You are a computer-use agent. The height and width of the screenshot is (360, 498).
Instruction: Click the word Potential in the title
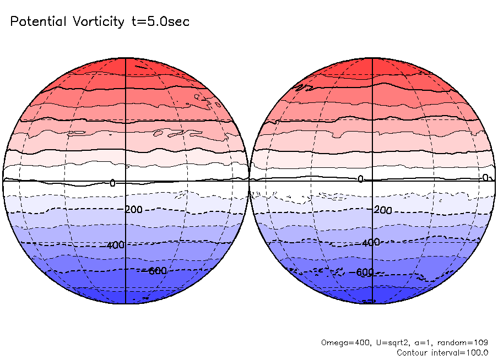tap(38, 22)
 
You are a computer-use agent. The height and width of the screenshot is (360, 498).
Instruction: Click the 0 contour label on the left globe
tap(112, 183)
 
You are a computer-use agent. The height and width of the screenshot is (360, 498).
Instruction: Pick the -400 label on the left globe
tap(115, 246)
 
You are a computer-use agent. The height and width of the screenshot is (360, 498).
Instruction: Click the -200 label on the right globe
tap(381, 210)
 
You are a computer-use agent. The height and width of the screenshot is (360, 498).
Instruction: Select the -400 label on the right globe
tap(371, 242)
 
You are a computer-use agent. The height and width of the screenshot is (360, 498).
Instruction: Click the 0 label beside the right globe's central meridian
tap(361, 179)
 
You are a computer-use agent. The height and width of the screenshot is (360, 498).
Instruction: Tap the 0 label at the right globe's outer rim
tap(485, 177)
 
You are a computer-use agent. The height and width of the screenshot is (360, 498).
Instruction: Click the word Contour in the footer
tap(412, 352)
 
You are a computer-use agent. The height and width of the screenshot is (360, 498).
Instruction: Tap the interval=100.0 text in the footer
tap(461, 352)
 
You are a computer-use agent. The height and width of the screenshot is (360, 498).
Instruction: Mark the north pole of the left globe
tap(126, 57)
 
